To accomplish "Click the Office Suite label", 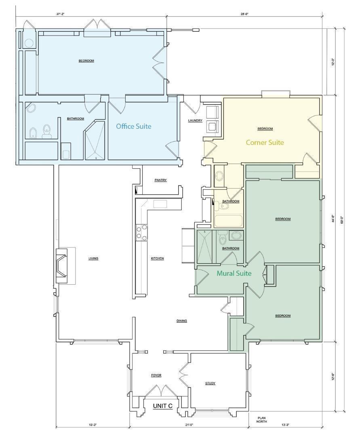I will tap(134, 126).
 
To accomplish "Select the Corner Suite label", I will tap(265, 143).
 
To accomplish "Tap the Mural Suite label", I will tap(234, 273).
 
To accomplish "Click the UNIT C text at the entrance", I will tap(163, 406).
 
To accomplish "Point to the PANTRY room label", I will tap(160, 180).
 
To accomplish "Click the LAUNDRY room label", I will tap(195, 120).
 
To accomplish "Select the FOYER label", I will tap(156, 375).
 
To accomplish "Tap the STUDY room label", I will tap(210, 383).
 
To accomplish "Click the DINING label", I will tap(182, 321).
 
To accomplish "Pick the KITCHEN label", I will tap(157, 258).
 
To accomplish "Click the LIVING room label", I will tap(93, 258).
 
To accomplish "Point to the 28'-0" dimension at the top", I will tap(244, 14).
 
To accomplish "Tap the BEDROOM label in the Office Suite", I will tap(86, 61).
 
